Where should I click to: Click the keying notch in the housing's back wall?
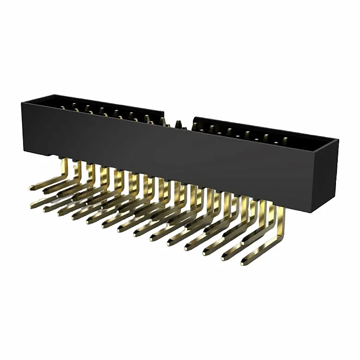tap(179, 121)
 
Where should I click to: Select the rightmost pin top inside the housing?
tap(285, 139)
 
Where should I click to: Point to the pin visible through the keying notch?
tap(178, 124)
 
